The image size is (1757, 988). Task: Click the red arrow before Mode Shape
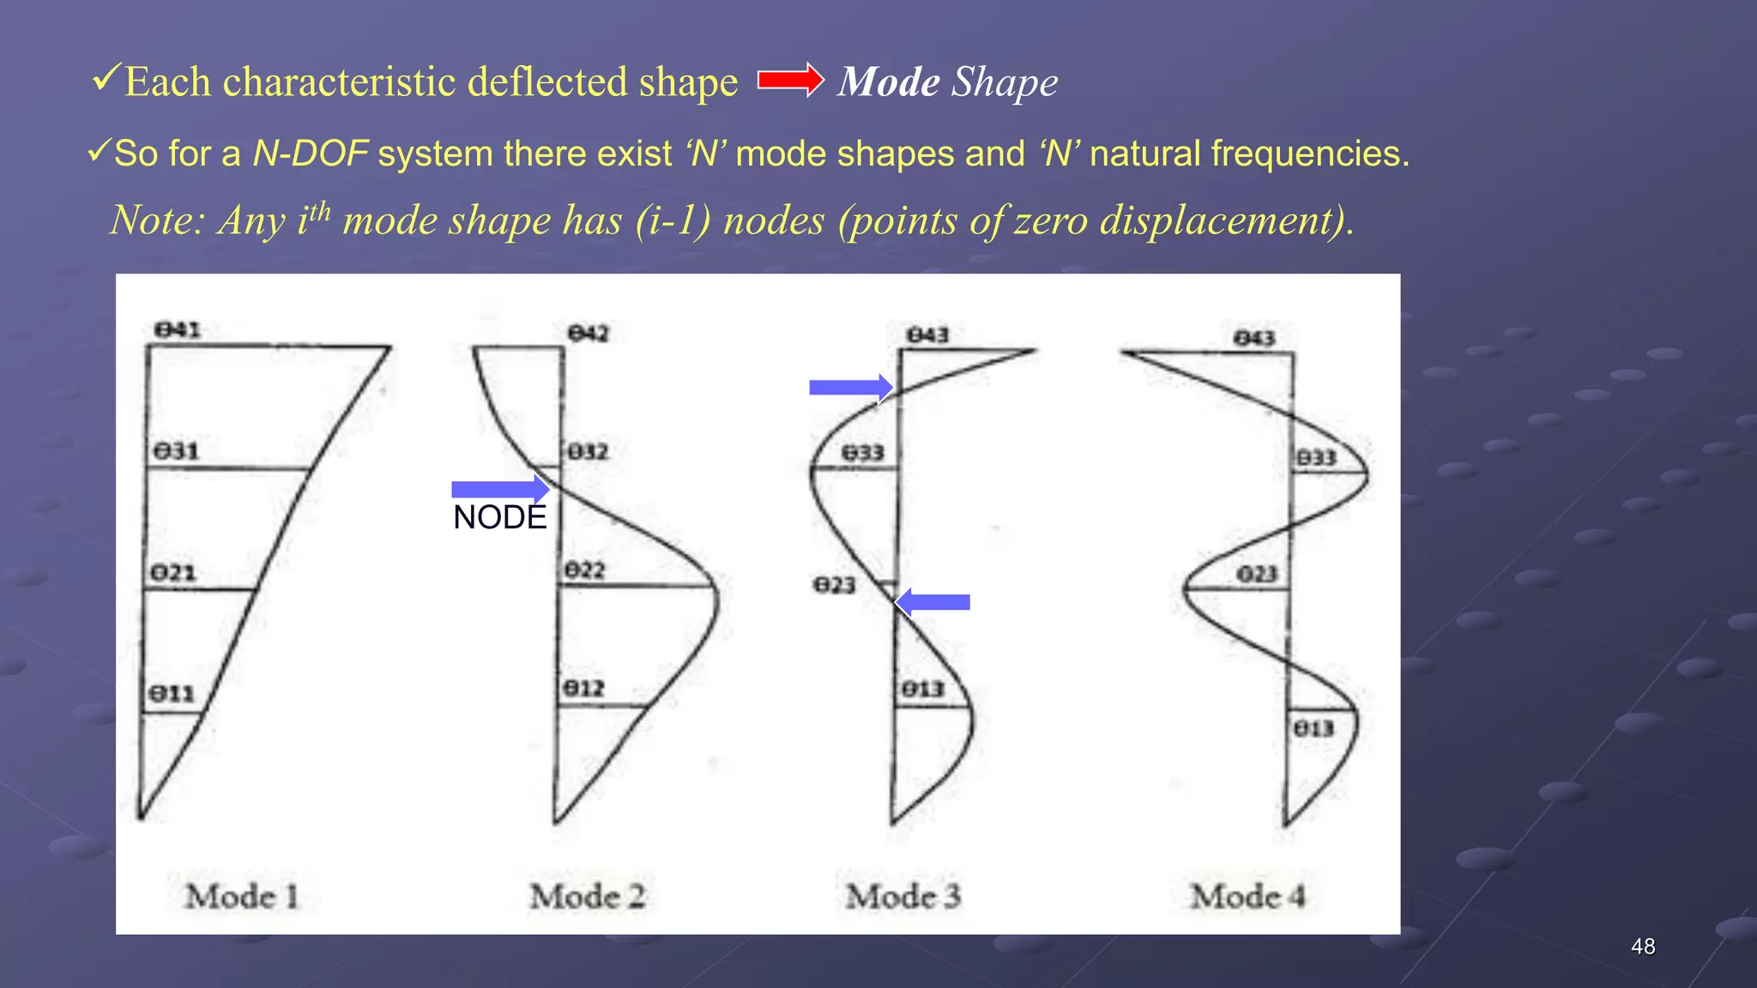pos(790,81)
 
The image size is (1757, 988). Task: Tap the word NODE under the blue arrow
pos(499,518)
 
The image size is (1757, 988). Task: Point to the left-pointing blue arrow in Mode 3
pos(933,602)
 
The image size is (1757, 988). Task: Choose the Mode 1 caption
pos(243,897)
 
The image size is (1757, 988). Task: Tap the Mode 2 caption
pos(588,897)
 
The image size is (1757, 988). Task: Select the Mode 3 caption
pos(903,897)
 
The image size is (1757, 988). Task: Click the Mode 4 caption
pos(1247,897)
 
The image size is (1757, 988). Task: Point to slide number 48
pos(1643,947)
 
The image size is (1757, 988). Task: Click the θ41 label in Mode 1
pos(178,330)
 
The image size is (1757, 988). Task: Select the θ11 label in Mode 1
pos(172,693)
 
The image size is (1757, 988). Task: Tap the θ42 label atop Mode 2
pos(589,333)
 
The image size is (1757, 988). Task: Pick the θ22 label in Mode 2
pos(585,570)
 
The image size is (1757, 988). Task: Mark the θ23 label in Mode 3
pos(835,586)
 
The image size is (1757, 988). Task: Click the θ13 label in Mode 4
pos(1313,729)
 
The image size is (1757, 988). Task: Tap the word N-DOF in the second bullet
pos(311,154)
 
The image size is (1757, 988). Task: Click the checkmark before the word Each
pos(106,79)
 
